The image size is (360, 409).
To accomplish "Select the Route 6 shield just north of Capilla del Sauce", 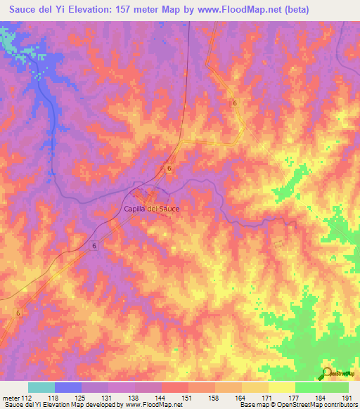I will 170,168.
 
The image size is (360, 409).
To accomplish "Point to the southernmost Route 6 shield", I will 19,313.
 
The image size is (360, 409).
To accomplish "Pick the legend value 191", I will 347,397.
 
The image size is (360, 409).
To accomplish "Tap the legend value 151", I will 188,397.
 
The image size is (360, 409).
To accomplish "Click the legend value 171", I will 268,397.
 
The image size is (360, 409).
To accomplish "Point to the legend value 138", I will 135,397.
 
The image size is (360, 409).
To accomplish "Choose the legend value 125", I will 82,397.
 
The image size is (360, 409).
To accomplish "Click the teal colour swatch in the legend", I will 41,387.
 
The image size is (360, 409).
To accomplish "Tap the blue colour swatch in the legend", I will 68,387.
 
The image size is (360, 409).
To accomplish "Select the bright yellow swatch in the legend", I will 281,387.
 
